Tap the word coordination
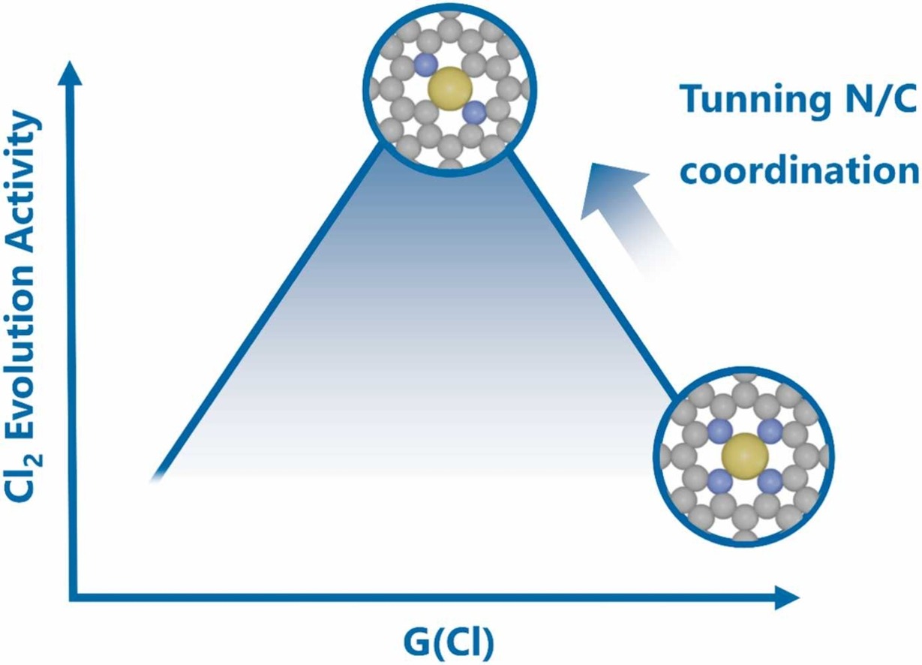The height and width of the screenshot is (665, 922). click(x=798, y=170)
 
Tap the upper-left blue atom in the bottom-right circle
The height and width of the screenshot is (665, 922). click(x=719, y=430)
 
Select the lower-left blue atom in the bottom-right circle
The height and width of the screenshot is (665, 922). click(x=719, y=480)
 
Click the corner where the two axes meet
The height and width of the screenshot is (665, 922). click(x=73, y=598)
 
